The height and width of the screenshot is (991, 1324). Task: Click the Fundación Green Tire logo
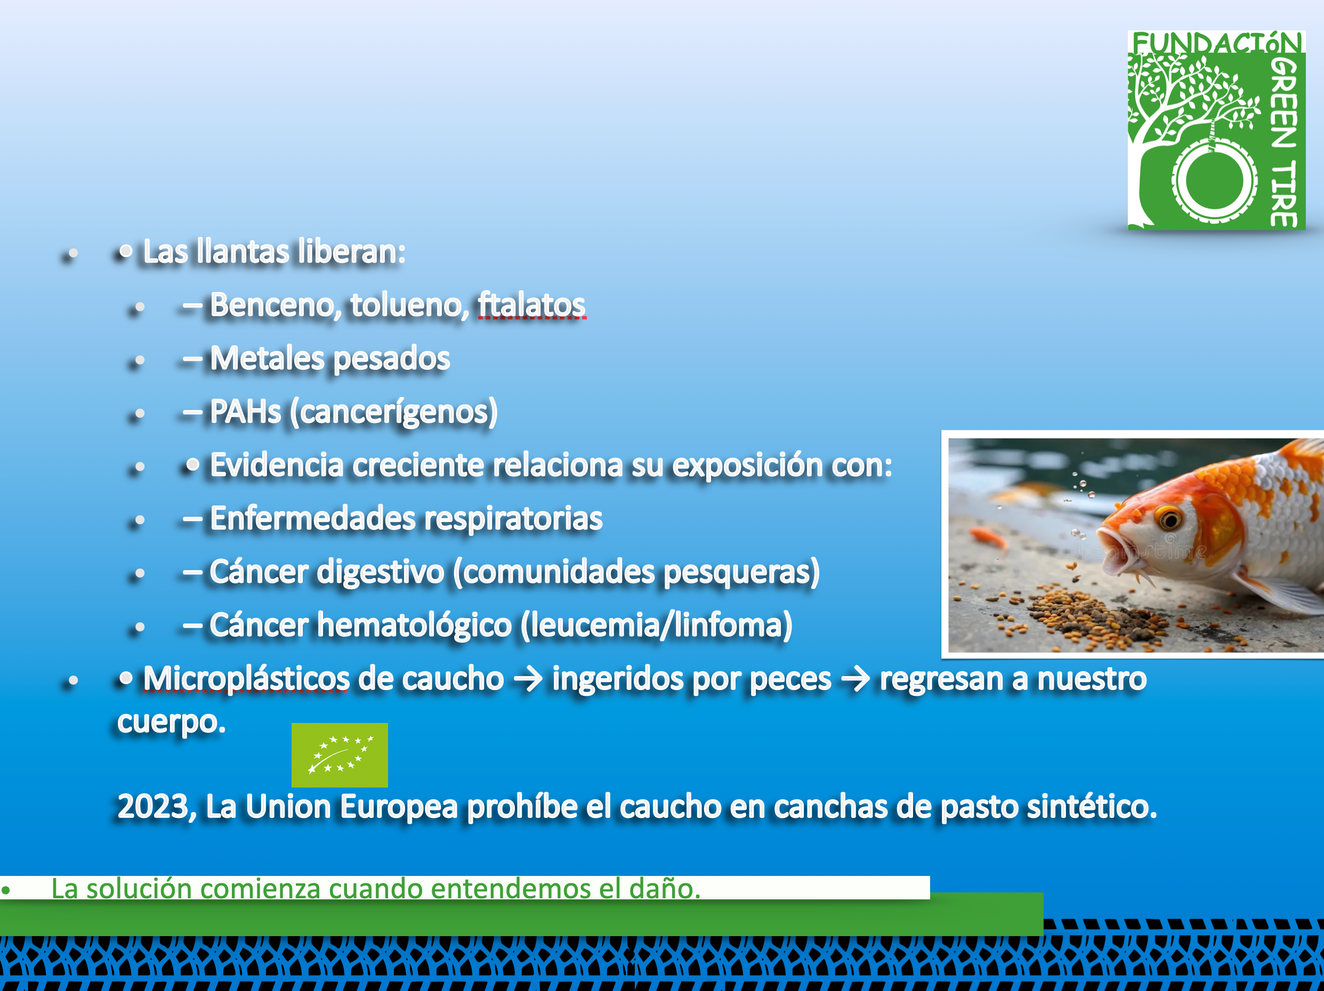[x=1216, y=130]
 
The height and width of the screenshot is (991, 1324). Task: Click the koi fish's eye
[x=1169, y=518]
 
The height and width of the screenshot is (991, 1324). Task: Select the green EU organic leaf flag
[x=340, y=754]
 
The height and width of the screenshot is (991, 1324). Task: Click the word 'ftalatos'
[x=531, y=305]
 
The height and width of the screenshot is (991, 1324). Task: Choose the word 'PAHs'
[x=245, y=412]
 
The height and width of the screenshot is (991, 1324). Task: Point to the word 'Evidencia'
[x=277, y=465]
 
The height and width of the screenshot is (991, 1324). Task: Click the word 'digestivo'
[x=381, y=572]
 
